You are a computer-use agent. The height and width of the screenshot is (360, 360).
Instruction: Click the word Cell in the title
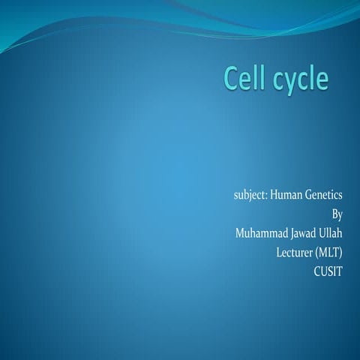246,79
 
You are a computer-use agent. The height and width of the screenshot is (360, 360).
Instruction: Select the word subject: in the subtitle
250,196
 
